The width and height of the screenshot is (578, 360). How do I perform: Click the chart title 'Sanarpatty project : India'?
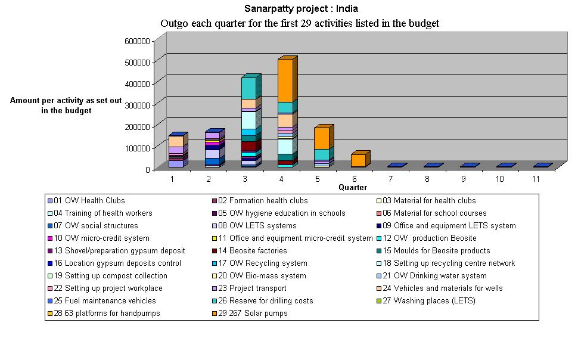tap(301, 9)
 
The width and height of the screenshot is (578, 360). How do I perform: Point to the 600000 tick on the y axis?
tap(138, 41)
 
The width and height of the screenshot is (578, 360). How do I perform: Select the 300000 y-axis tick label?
tap(138, 105)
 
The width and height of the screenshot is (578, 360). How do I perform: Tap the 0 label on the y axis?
tap(147, 169)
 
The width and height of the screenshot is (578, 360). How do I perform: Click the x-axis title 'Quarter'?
tap(353, 187)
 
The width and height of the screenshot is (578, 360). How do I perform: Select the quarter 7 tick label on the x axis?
tap(390, 179)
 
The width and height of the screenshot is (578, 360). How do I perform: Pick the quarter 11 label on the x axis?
tap(536, 179)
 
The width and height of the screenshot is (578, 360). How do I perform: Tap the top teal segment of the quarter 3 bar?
tap(248, 88)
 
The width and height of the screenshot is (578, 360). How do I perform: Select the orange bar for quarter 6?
tap(358, 160)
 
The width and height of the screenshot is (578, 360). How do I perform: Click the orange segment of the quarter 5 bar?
tap(322, 138)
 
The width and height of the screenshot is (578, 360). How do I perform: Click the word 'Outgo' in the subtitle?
tap(174, 24)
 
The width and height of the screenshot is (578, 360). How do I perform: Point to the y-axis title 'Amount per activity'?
tap(66, 101)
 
